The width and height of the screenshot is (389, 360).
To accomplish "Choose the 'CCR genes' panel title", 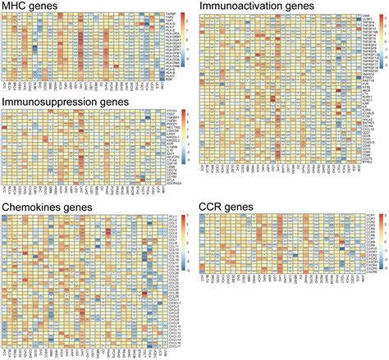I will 227,205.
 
